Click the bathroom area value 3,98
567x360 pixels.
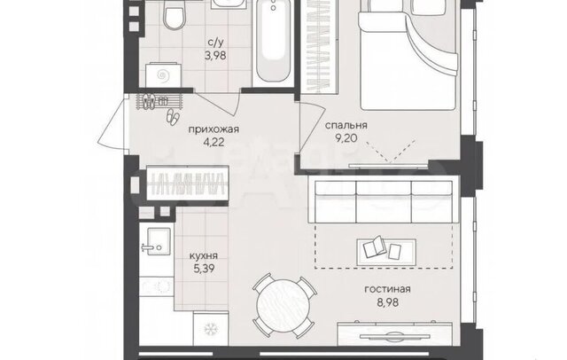tap(215, 56)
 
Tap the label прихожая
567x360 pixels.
tap(214, 129)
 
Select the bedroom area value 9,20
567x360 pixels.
tap(346, 137)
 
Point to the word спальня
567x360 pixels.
tap(346, 125)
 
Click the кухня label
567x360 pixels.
tap(204, 255)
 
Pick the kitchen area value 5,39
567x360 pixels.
tap(204, 269)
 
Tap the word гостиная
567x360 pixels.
tap(387, 289)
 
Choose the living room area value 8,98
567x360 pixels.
tap(388, 301)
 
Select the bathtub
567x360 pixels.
tap(273, 41)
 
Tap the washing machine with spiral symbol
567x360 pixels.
tap(163, 75)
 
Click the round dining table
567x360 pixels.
tap(283, 306)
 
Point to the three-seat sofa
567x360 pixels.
tap(384, 201)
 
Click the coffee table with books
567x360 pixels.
tap(386, 252)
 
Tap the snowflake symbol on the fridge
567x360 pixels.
tap(210, 329)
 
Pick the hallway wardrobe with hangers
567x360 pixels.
tap(187, 183)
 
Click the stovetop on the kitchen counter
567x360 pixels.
tap(157, 286)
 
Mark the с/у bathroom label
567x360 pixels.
tap(216, 43)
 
